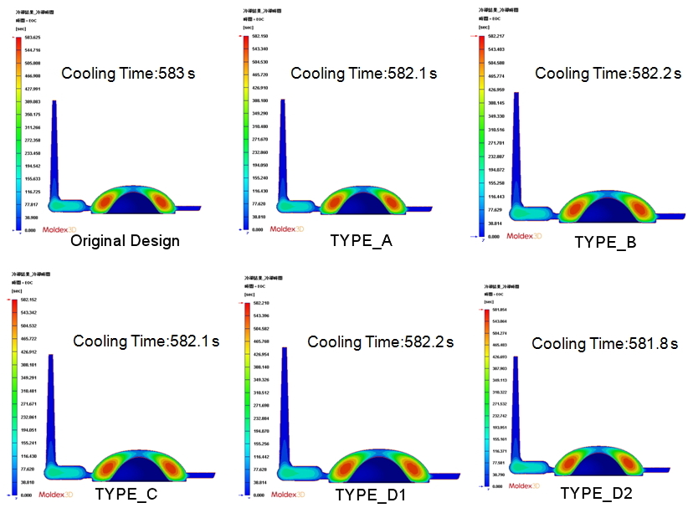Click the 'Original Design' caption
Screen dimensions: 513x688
point(125,241)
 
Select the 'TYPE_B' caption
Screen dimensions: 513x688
point(605,243)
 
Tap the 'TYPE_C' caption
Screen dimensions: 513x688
point(126,494)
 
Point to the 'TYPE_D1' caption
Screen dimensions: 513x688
point(370,495)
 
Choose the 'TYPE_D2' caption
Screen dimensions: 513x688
point(596,494)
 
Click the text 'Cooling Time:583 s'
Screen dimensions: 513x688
point(128,74)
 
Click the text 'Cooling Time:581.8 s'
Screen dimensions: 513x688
point(604,344)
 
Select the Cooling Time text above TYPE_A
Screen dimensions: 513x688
point(363,74)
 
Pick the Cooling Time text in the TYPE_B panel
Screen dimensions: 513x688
point(608,74)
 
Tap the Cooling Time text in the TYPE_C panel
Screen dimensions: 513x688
point(146,341)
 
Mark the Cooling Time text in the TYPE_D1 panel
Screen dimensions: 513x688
point(380,342)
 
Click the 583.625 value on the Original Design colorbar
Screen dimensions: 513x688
point(33,38)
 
